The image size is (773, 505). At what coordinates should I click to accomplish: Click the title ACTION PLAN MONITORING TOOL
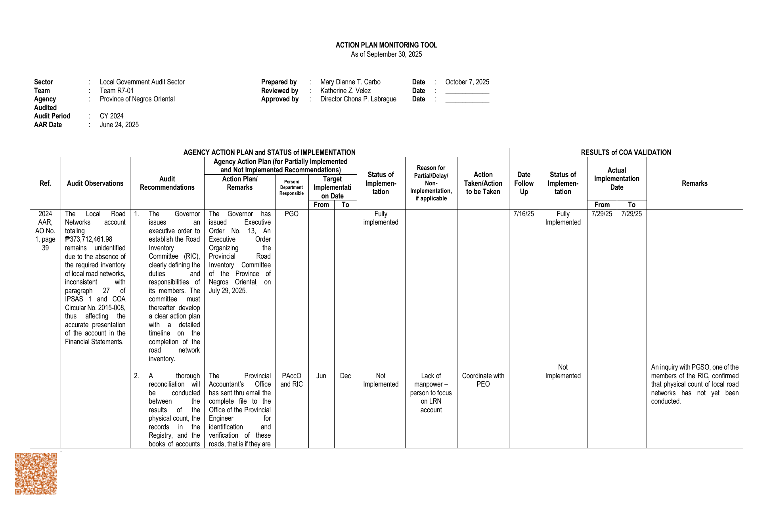click(x=386, y=45)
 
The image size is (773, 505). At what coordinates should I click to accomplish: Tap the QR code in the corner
click(x=36, y=473)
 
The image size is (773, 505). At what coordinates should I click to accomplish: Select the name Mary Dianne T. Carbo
click(x=350, y=82)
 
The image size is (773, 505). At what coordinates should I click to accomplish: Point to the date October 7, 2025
click(x=467, y=82)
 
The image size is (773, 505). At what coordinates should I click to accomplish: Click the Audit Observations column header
click(x=95, y=183)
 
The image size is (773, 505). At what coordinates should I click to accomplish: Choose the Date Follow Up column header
click(x=524, y=183)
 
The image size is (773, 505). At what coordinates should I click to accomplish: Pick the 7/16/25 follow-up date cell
click(x=524, y=214)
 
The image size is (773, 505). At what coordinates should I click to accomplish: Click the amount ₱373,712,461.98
click(x=89, y=239)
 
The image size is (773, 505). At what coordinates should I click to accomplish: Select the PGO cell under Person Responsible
click(x=291, y=214)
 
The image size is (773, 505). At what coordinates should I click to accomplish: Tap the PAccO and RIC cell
click(x=291, y=380)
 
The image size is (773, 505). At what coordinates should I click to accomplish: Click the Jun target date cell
click(x=321, y=376)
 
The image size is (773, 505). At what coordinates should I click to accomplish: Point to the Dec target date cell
click(x=345, y=376)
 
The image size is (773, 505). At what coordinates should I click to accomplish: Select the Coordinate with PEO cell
click(x=483, y=380)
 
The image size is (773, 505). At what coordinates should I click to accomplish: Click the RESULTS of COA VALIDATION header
click(x=626, y=152)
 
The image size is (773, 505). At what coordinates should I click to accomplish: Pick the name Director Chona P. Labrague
click(x=358, y=99)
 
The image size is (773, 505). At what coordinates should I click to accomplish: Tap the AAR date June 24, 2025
click(x=119, y=125)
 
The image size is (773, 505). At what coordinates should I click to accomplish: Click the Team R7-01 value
click(x=117, y=91)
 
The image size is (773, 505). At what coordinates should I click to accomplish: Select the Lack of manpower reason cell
click(x=431, y=393)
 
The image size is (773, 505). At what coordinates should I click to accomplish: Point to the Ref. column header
click(x=45, y=183)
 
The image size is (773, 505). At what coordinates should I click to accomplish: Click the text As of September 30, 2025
click(x=386, y=54)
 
